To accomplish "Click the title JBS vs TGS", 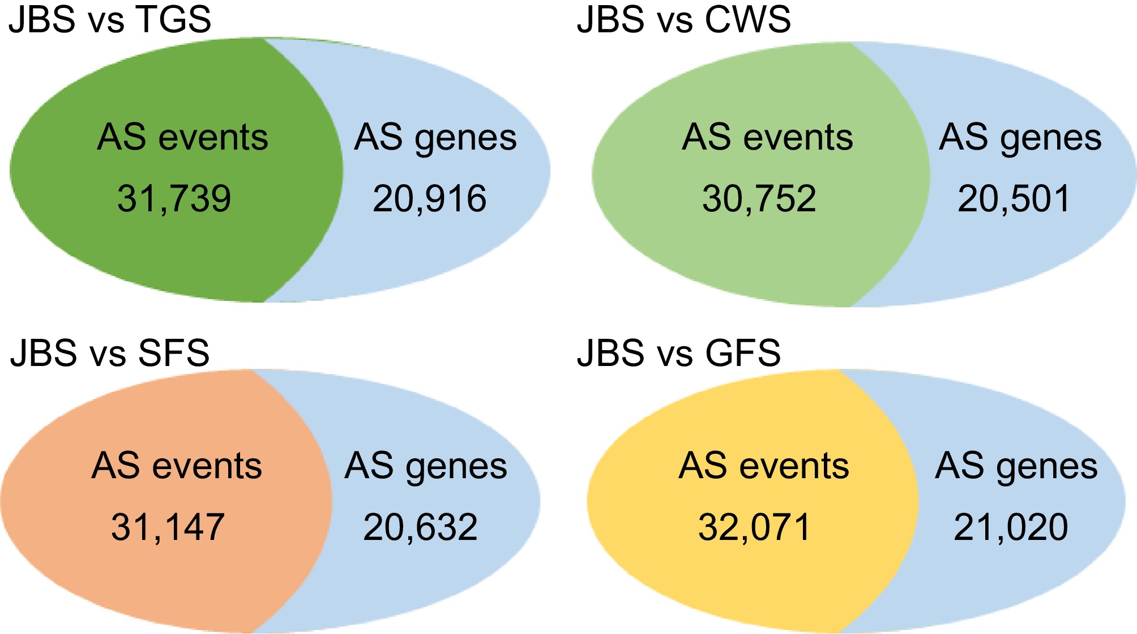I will tap(110, 19).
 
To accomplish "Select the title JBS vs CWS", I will tap(683, 19).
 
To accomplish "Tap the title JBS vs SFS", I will tap(110, 353).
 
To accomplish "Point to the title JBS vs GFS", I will tap(679, 353).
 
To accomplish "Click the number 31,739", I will tap(174, 199).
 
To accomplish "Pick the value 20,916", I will tap(430, 199).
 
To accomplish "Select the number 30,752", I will tap(759, 199).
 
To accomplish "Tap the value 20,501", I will tap(1014, 199).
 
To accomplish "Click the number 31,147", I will tap(168, 527).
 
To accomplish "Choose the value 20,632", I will tap(421, 527).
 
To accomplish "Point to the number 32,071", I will tap(755, 527).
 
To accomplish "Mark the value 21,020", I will tap(1011, 527).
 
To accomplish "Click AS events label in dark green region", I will tap(182, 138).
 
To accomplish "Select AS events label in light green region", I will tap(767, 138).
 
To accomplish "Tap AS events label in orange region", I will tap(177, 466).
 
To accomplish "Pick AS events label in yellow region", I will tap(764, 466).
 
